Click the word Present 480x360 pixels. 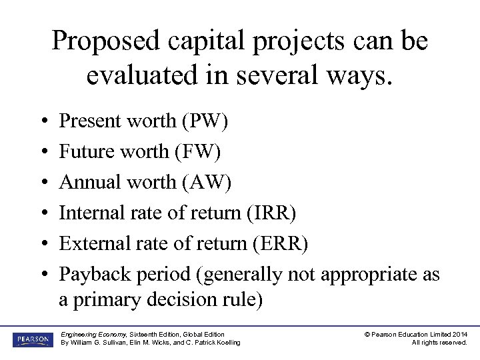point(91,121)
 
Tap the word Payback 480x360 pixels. point(94,275)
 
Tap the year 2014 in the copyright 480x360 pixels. point(459,334)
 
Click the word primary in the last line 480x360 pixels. point(107,300)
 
